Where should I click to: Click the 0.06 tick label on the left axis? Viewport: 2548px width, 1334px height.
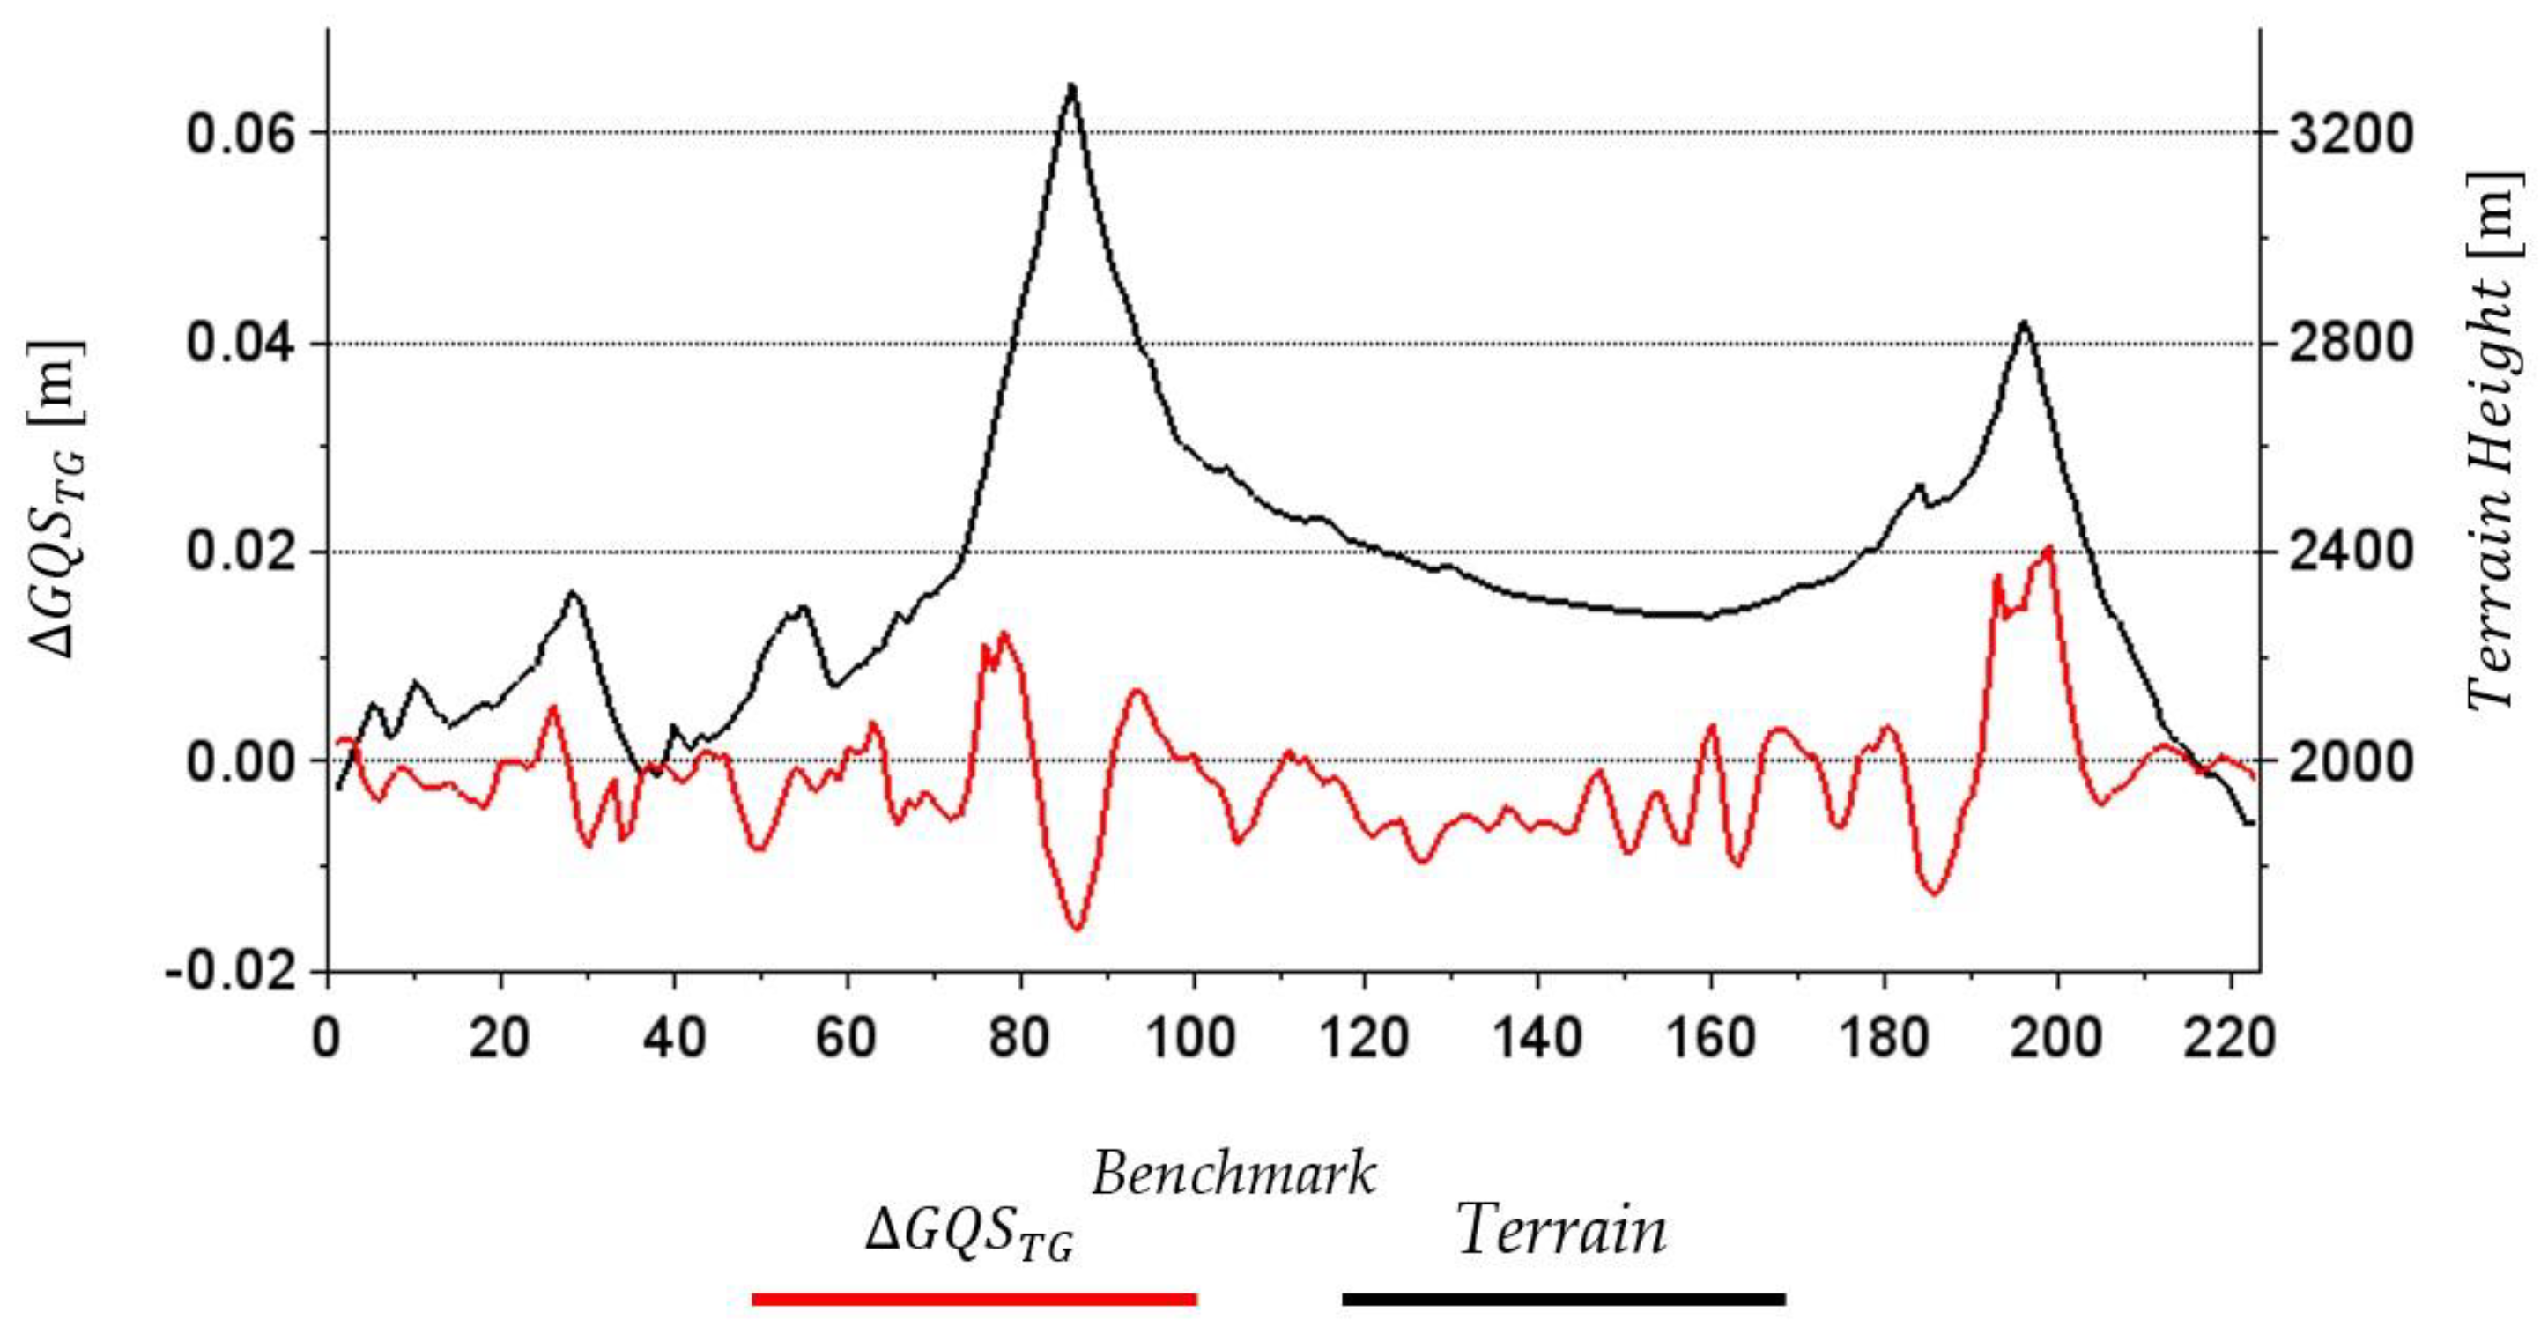pyautogui.click(x=241, y=134)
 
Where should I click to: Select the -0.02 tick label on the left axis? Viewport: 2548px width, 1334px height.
pyautogui.click(x=232, y=974)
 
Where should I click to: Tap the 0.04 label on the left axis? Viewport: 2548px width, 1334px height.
pyautogui.click(x=241, y=345)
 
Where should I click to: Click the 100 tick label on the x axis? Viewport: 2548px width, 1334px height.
pyautogui.click(x=1193, y=1038)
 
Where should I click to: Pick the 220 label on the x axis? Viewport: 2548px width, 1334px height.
pyautogui.click(x=2229, y=1038)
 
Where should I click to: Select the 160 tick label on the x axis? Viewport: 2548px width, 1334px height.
pyautogui.click(x=1709, y=1038)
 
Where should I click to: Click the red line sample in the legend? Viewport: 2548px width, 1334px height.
pyautogui.click(x=974, y=1299)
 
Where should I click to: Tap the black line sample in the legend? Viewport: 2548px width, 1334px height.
pyautogui.click(x=1563, y=1299)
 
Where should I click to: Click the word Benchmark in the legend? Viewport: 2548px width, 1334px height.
pyautogui.click(x=1233, y=1175)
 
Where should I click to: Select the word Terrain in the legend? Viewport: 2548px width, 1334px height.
pyautogui.click(x=1563, y=1230)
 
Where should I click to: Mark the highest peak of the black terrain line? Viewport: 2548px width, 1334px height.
pyautogui.click(x=1071, y=86)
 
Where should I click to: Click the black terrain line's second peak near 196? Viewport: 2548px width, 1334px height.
pyautogui.click(x=2024, y=322)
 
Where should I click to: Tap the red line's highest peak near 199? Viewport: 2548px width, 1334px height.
pyautogui.click(x=2048, y=547)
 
